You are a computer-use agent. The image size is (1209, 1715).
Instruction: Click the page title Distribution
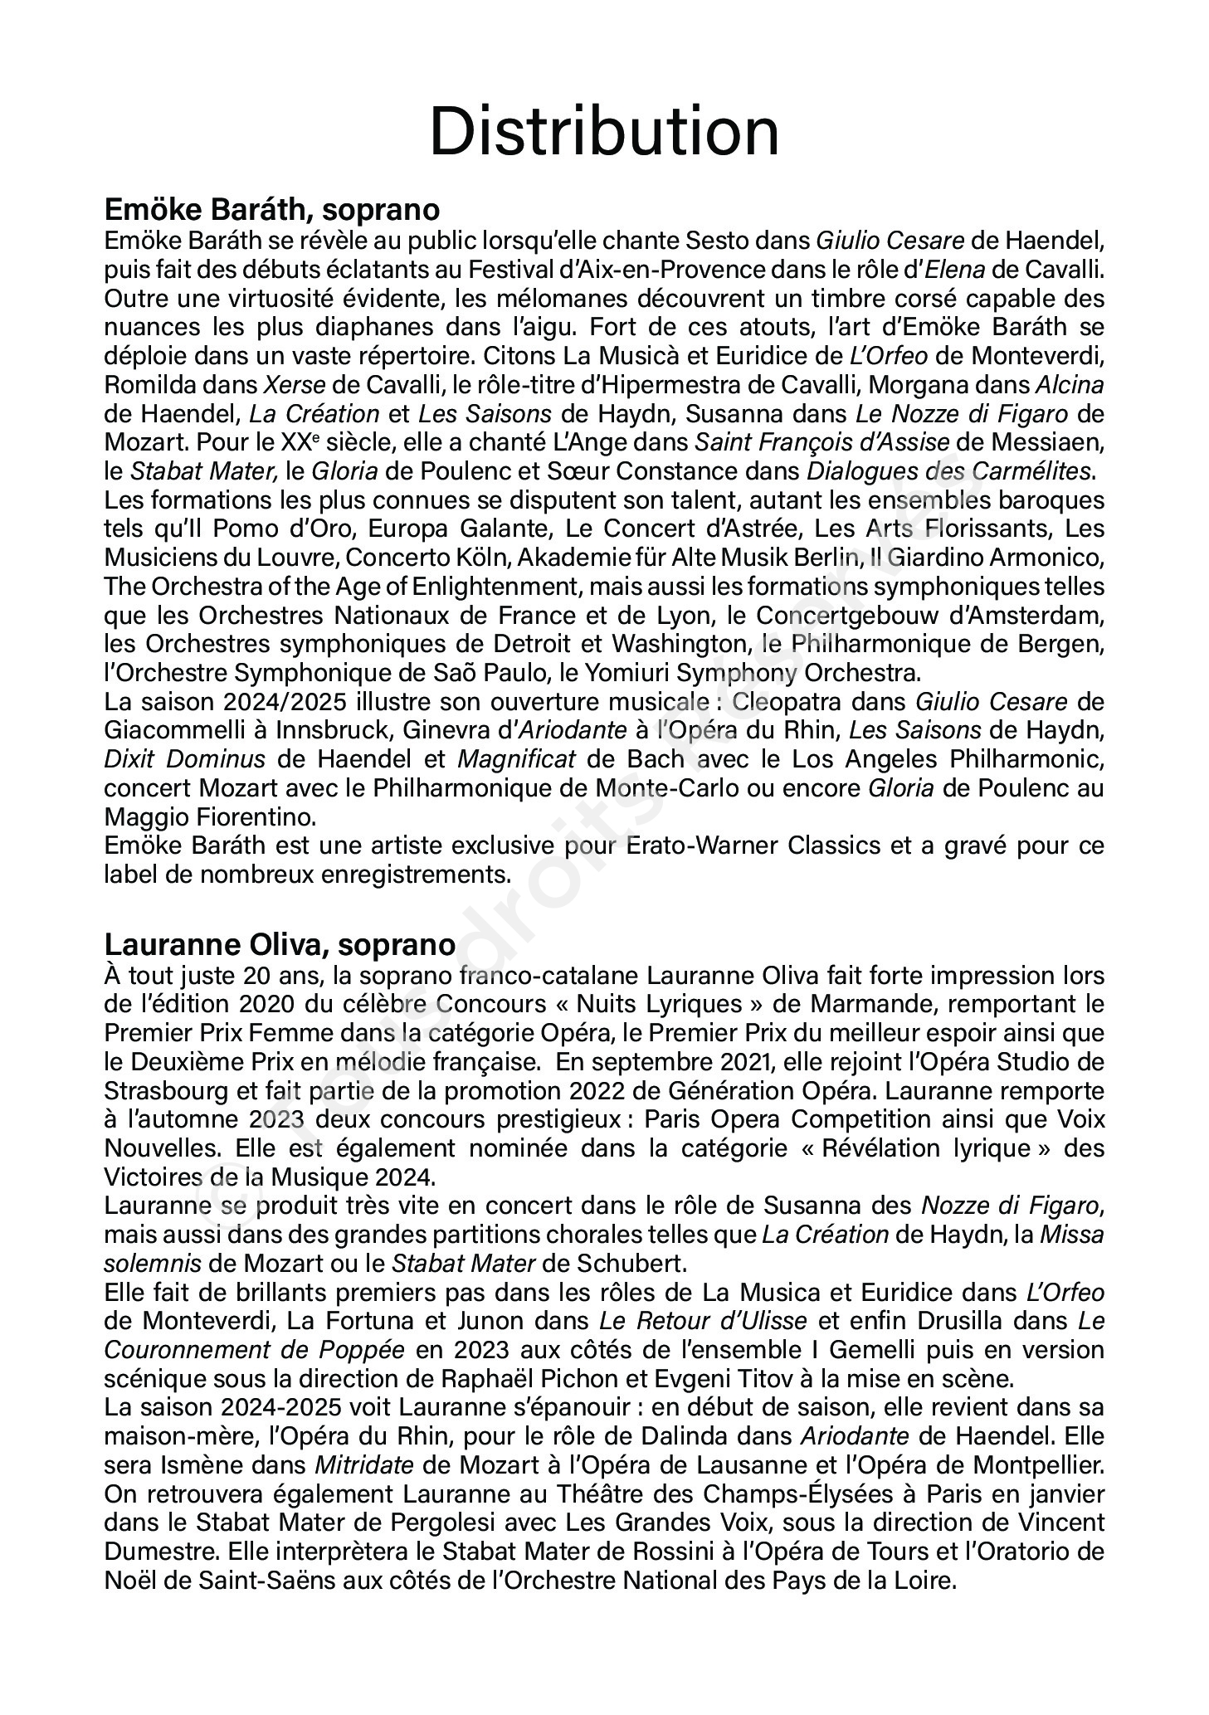coord(604,133)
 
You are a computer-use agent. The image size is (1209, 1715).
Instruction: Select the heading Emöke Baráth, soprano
coord(271,209)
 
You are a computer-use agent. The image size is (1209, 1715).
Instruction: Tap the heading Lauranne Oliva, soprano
coord(280,944)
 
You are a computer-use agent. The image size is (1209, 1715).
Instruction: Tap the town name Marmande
coord(876,1003)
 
